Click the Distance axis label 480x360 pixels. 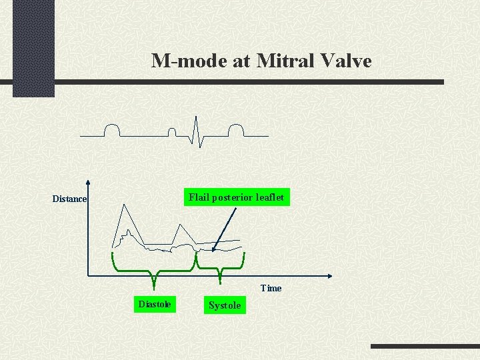(69, 199)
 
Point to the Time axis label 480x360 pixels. (271, 288)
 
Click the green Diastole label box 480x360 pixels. (154, 305)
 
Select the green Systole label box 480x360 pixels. (225, 305)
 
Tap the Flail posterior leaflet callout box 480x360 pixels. (237, 197)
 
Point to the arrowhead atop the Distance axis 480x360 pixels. (88, 182)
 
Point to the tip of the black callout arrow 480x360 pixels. (212, 251)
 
